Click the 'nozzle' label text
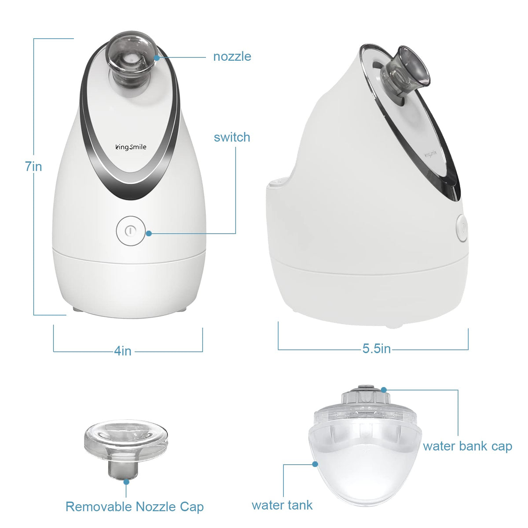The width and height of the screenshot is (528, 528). [232, 57]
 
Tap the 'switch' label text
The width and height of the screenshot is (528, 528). [232, 137]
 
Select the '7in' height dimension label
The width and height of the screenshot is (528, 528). [33, 166]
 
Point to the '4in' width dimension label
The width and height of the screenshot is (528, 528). [123, 351]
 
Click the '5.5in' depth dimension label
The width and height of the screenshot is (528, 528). [377, 348]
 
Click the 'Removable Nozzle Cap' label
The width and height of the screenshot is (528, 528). [135, 506]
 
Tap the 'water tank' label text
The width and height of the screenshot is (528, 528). [282, 505]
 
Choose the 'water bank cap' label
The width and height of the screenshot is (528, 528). [467, 446]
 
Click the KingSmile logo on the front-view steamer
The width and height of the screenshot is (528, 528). [131, 147]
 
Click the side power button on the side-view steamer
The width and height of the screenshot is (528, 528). [462, 228]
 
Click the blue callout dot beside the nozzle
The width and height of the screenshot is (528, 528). [157, 58]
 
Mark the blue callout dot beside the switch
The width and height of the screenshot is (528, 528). [149, 234]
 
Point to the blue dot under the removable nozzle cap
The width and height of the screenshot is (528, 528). [126, 482]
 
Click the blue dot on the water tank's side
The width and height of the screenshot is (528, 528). [315, 464]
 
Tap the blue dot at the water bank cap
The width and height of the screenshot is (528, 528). [384, 390]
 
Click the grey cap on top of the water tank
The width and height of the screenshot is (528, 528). [365, 396]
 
